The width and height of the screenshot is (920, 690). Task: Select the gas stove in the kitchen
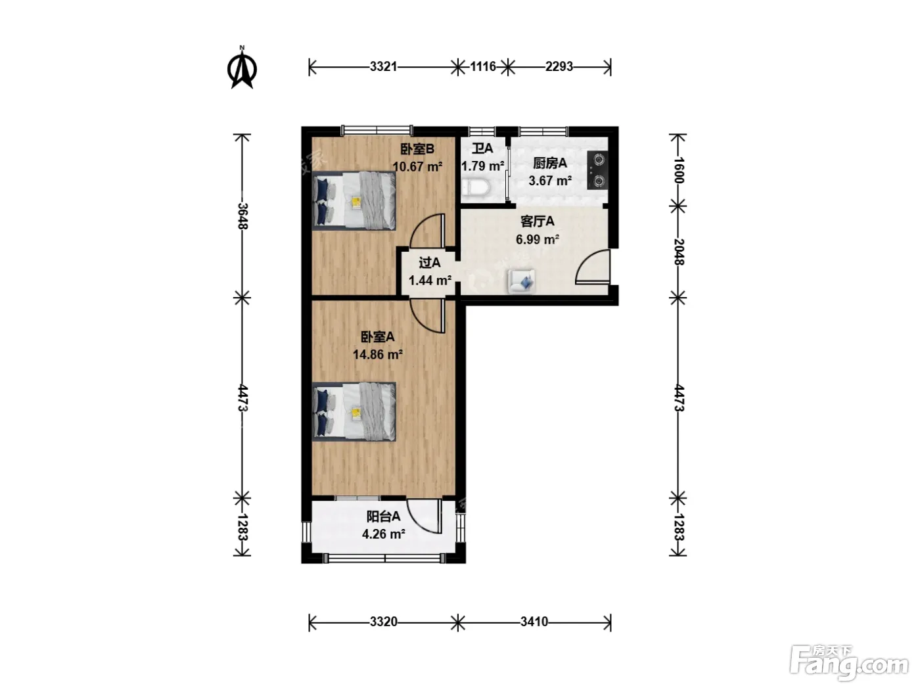tap(598, 170)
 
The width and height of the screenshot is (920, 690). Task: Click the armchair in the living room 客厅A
tap(521, 281)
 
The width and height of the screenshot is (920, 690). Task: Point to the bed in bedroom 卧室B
tap(354, 200)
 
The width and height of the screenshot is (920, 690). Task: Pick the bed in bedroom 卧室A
tap(354, 412)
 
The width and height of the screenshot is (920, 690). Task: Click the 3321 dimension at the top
tap(383, 66)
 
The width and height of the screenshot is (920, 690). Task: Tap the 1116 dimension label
tap(483, 66)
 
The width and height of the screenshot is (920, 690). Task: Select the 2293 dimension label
tap(559, 66)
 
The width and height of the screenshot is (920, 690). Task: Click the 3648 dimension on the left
tap(242, 216)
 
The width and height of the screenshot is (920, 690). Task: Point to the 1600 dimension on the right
tap(678, 170)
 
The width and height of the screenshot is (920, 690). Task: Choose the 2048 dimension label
tap(678, 252)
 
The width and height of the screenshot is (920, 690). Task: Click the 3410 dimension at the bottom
tap(534, 622)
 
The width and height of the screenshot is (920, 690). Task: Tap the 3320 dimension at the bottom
tap(383, 622)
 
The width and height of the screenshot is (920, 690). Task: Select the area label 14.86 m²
tap(378, 355)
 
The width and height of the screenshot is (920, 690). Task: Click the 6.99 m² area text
tap(538, 240)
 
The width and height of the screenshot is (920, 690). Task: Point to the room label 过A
tap(430, 263)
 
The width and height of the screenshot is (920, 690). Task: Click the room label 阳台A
tap(383, 517)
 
